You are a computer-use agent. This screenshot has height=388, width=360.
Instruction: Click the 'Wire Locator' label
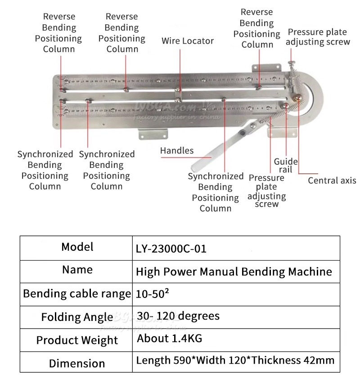tap(188, 41)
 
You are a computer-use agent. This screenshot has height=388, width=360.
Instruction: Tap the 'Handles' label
tap(177, 151)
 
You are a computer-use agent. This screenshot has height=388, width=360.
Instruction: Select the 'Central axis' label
tap(332, 180)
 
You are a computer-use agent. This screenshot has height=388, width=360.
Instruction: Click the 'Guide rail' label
tap(286, 165)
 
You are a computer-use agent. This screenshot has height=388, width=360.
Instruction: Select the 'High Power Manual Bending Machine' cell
tap(234, 272)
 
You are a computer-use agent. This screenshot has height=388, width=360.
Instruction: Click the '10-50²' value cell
tap(153, 294)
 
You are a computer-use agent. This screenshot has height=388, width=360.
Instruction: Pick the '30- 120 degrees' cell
tap(178, 316)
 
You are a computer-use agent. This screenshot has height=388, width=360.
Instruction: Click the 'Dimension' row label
tap(77, 363)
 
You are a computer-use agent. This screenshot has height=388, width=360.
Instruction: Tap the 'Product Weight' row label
tap(77, 340)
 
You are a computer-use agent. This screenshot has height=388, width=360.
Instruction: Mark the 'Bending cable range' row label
tap(77, 294)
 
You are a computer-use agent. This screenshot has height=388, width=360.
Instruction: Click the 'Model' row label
tap(77, 247)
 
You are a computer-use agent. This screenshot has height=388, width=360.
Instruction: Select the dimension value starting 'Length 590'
tap(235, 360)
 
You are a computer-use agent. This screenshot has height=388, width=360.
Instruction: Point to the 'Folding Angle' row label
tap(77, 317)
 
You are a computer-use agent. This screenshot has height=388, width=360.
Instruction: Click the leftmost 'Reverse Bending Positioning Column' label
tap(58, 33)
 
